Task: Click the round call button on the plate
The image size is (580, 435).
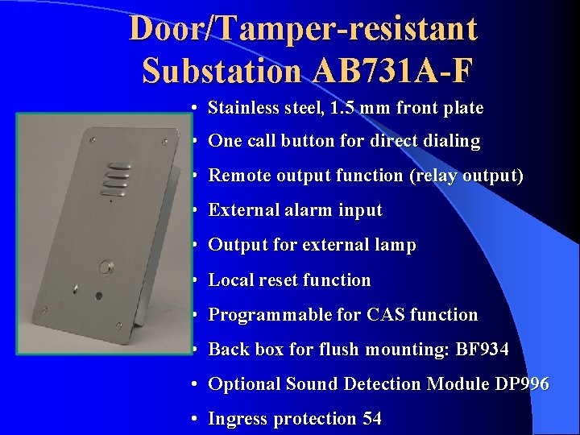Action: point(105,267)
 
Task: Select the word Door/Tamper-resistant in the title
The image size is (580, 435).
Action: point(303,29)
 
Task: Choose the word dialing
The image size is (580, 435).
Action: point(447,141)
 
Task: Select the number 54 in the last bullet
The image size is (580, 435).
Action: point(371,419)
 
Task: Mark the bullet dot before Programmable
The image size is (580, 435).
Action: point(196,315)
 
